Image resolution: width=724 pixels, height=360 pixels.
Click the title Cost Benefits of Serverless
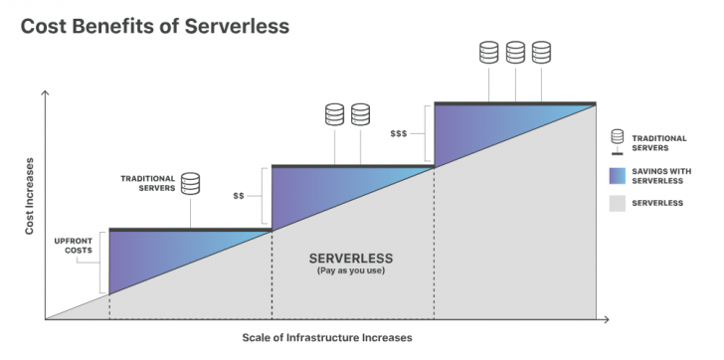pos(155,26)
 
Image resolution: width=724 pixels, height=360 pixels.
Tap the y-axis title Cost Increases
pos(29,195)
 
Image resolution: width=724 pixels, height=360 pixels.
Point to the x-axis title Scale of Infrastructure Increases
pos(326,337)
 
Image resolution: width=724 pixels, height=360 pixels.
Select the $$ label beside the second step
pos(239,195)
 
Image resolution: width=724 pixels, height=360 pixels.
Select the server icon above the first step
pos(190,183)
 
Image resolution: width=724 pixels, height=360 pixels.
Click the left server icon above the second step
pos(334,114)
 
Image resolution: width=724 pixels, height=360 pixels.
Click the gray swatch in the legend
pos(617,204)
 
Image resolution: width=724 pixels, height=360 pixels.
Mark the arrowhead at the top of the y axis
pos(46,92)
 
